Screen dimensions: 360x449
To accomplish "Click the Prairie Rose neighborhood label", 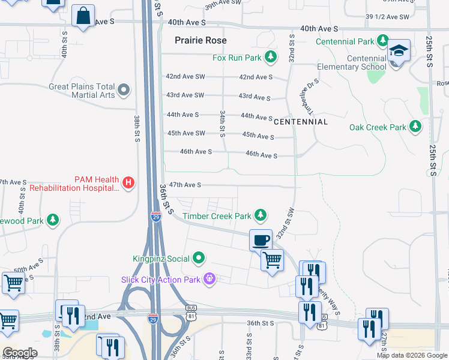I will coord(200,40).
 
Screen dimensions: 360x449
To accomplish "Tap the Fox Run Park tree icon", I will coord(271,58).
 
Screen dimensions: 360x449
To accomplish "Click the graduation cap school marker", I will coord(398,52).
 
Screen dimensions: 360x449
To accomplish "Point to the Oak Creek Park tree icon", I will coord(415,127).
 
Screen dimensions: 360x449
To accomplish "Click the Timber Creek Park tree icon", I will coord(260,215).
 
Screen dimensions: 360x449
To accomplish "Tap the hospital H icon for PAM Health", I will coord(127,183).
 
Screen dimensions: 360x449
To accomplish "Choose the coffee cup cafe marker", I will coord(261,240).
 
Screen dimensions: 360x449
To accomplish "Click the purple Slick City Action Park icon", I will coord(209,278).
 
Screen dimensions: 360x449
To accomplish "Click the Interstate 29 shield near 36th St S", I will coord(155,217).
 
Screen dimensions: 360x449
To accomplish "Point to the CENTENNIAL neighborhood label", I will coord(301,122).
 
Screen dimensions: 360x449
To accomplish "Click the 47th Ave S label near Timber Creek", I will coord(185,185).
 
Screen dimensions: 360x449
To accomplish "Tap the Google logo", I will coord(20,353).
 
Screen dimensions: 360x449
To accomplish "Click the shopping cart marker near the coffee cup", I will coord(273,260).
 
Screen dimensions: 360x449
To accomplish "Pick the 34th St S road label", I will coord(222,121).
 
